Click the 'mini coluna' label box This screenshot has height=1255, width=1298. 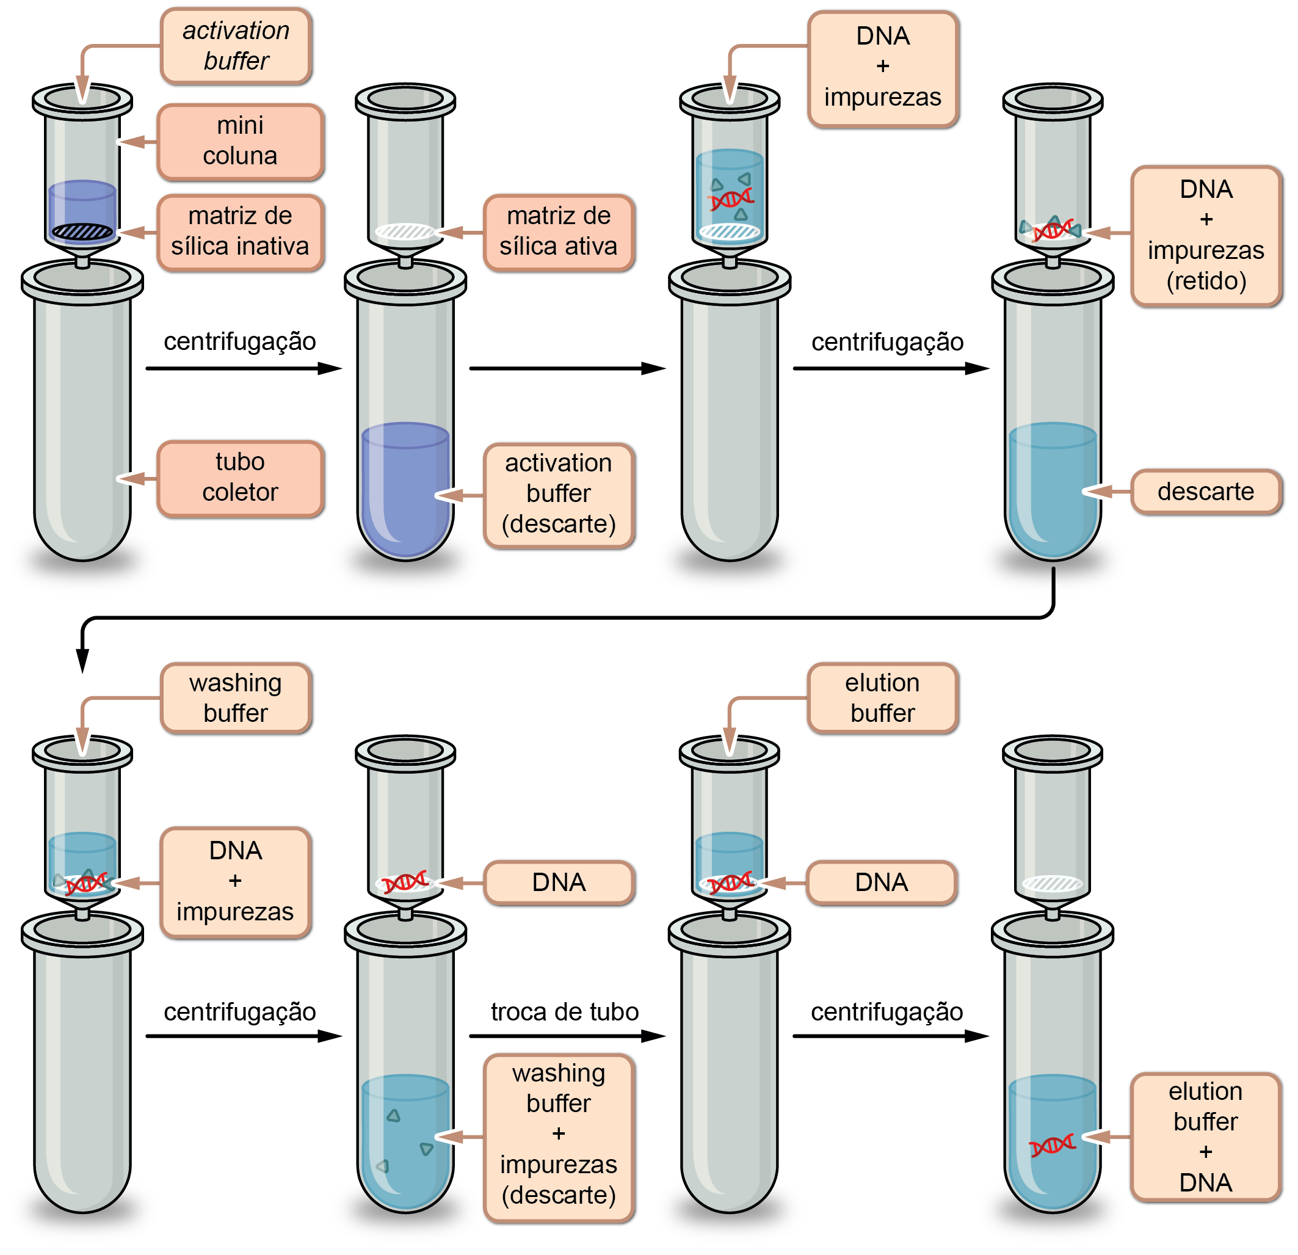coord(240,141)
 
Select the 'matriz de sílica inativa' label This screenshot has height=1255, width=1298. coord(240,232)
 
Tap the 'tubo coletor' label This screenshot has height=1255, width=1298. coord(240,478)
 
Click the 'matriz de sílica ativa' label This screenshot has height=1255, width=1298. coord(558,232)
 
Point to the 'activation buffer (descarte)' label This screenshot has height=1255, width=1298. coord(558,494)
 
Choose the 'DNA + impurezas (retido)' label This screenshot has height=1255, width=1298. coord(1205,235)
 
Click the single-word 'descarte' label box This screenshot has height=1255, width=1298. coord(1205,492)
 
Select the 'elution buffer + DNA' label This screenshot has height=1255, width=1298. coord(1205,1137)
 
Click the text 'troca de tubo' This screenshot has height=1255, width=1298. coord(564,1012)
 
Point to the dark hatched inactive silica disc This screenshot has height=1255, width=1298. coord(82,231)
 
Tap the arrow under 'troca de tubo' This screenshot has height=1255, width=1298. coord(566,1036)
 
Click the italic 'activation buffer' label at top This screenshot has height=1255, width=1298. coord(236,46)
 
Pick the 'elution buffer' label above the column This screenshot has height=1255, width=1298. coord(882,698)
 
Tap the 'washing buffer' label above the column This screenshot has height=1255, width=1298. coord(236,698)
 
